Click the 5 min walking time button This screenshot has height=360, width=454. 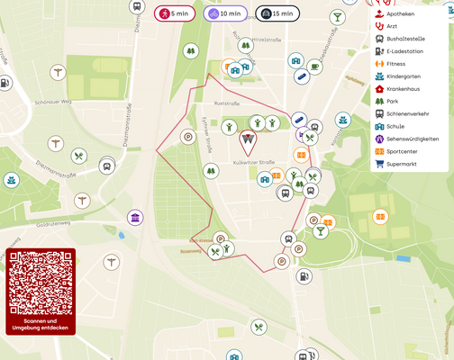(x=175, y=13)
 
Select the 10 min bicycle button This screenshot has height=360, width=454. (x=224, y=13)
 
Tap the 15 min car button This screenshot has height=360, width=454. (x=277, y=13)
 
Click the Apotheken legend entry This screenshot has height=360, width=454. (x=399, y=14)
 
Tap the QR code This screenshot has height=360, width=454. (x=41, y=282)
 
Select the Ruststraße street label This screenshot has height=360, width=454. (x=225, y=103)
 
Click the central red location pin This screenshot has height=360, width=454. (x=248, y=141)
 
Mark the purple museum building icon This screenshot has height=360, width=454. (x=135, y=218)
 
